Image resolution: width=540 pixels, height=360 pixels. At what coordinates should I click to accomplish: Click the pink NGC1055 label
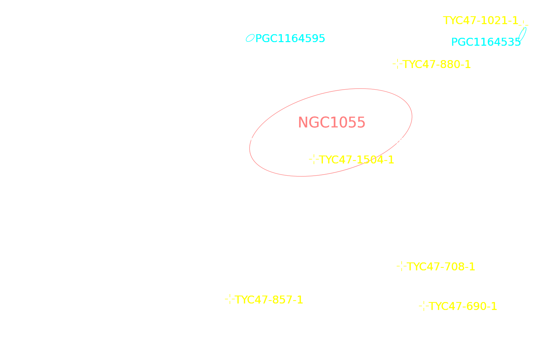[332, 122]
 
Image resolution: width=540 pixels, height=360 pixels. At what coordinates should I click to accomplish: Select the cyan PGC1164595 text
[290, 39]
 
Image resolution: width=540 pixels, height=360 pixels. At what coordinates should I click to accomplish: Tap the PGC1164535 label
[486, 42]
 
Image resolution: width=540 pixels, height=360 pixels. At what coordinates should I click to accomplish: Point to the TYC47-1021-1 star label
[481, 21]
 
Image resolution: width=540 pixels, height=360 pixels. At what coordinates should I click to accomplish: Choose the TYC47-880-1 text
[437, 64]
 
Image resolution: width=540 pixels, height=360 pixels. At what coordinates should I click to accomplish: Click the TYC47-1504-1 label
[356, 160]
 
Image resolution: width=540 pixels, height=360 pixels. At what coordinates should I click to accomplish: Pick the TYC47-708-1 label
[441, 267]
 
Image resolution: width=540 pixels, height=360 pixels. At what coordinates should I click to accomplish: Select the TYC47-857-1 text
[269, 300]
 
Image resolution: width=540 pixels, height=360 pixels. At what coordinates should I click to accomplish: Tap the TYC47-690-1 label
[463, 306]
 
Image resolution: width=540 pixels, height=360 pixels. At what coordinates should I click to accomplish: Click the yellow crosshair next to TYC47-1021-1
[523, 25]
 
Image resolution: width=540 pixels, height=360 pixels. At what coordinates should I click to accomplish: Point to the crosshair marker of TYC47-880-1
[397, 64]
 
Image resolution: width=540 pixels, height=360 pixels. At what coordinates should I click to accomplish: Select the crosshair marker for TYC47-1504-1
[314, 159]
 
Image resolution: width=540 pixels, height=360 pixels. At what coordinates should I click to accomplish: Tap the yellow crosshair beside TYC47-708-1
[402, 266]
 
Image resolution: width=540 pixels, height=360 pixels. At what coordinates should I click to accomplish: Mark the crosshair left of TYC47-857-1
[230, 299]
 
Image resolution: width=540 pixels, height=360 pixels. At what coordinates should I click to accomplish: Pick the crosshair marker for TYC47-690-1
[424, 306]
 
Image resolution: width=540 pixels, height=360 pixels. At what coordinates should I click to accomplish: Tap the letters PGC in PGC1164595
[266, 39]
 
